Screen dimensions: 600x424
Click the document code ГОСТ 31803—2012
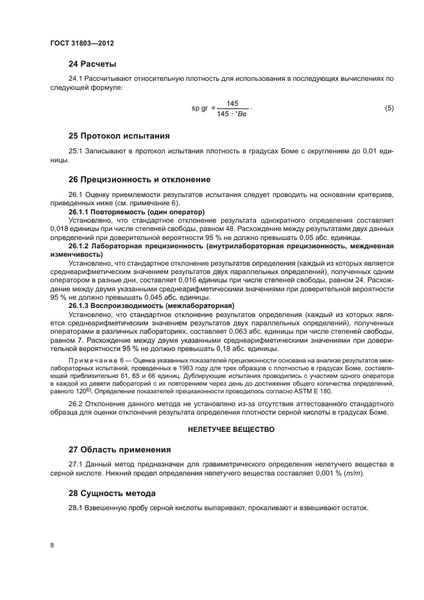77,43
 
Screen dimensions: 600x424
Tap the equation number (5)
389,108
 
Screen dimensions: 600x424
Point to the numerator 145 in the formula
232,103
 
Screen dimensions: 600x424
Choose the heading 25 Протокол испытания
119,136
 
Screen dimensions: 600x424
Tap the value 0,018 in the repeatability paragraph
60,228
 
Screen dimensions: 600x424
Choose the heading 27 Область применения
119,449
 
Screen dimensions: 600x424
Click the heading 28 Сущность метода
113,493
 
